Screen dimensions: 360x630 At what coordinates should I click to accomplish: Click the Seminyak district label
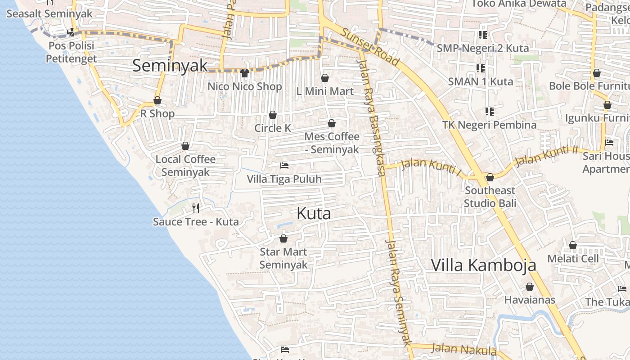click(170, 66)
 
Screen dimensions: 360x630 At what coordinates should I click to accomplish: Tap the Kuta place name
click(314, 214)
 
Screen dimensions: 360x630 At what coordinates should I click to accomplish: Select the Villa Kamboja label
click(483, 265)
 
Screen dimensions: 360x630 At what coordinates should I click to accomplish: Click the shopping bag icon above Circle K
click(272, 115)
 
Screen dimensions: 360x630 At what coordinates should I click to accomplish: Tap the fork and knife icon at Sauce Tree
click(196, 208)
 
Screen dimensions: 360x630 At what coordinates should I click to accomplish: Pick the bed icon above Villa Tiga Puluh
click(284, 166)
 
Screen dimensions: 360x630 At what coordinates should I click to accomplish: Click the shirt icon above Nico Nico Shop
click(245, 73)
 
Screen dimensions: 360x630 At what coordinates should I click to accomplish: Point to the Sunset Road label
click(370, 46)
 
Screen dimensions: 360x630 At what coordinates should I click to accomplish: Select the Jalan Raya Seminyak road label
click(398, 292)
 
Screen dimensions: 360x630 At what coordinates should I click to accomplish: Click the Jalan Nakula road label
click(463, 349)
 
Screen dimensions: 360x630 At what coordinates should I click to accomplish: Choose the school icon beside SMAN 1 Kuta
click(481, 68)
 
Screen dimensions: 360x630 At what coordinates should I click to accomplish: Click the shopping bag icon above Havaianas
click(530, 287)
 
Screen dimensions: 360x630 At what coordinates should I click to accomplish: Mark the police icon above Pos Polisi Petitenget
click(71, 32)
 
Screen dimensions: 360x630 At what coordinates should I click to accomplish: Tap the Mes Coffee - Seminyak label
click(332, 143)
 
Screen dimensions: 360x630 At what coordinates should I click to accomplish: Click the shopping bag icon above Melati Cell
click(573, 245)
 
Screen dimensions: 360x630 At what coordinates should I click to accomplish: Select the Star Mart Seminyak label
click(283, 258)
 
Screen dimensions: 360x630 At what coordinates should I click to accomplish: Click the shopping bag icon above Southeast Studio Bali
click(490, 177)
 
